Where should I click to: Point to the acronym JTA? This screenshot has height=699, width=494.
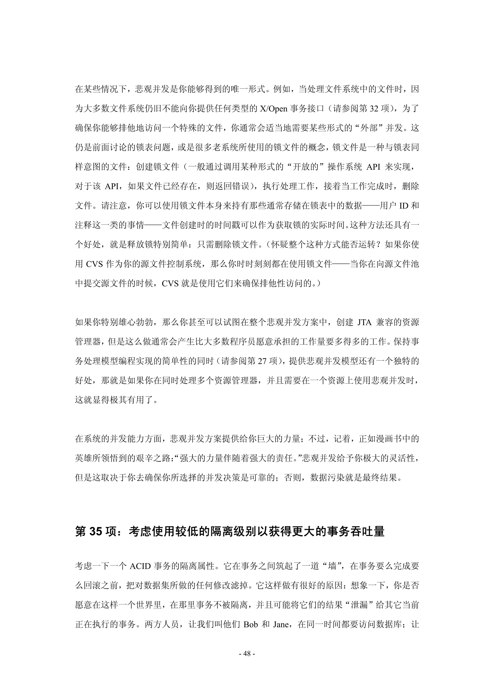click(364, 322)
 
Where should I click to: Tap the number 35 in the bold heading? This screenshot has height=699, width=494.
click(96, 531)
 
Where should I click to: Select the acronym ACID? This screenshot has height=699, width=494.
click(140, 566)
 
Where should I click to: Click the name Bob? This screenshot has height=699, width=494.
click(251, 624)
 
